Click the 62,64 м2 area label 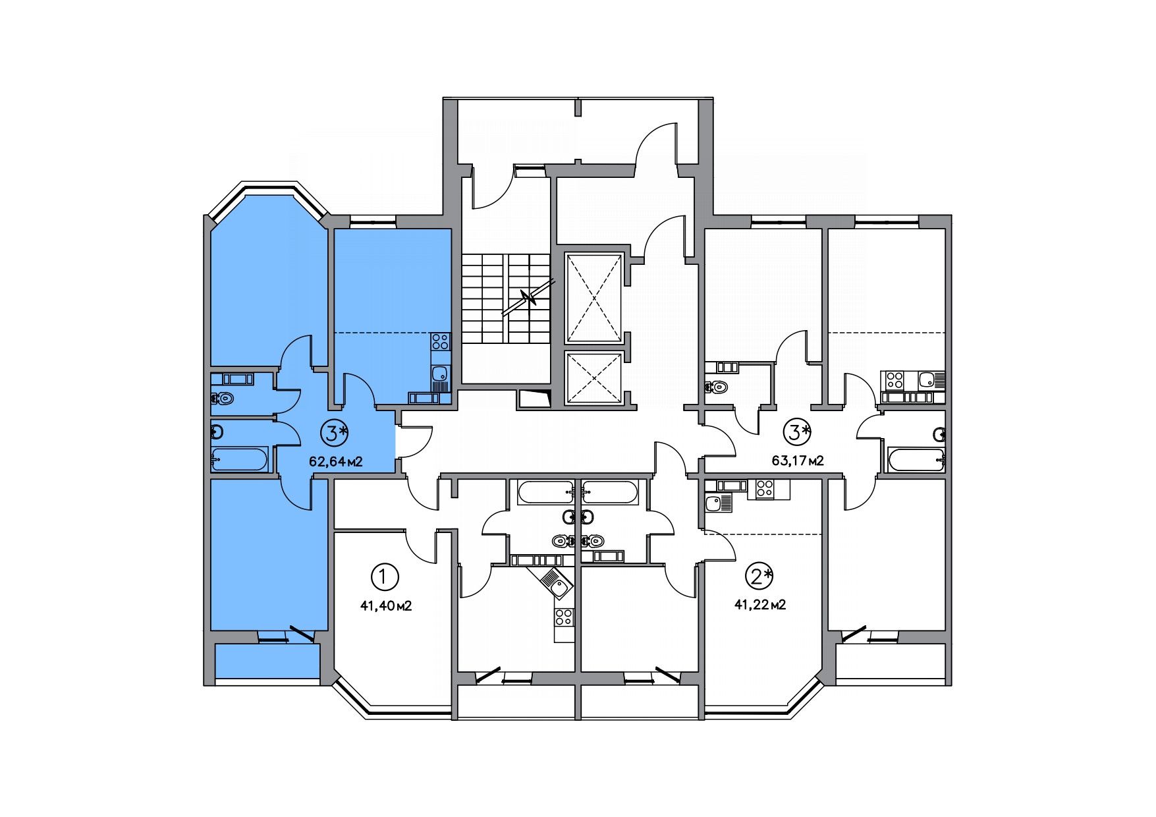pos(336,461)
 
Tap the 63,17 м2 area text pos(798,460)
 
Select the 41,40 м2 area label pos(385,606)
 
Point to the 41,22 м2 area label pos(759,604)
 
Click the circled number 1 pos(385,577)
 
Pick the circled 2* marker pos(758,577)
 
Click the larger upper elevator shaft pos(594,298)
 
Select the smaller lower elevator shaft pos(594,378)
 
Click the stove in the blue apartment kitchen pos(440,342)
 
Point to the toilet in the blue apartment pos(224,398)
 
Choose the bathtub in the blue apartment pos(240,459)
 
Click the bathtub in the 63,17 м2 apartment pos(917,459)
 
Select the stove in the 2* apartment pos(764,489)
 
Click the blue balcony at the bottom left pos(267,661)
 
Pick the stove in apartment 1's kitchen pos(564,617)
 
